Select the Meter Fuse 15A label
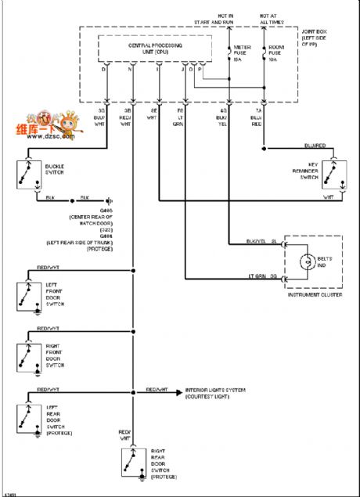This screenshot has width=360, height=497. point(242,53)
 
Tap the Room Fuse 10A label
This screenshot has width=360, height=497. point(276,53)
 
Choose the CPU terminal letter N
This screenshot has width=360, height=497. point(131,69)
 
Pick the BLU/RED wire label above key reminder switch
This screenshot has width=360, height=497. point(315,145)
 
